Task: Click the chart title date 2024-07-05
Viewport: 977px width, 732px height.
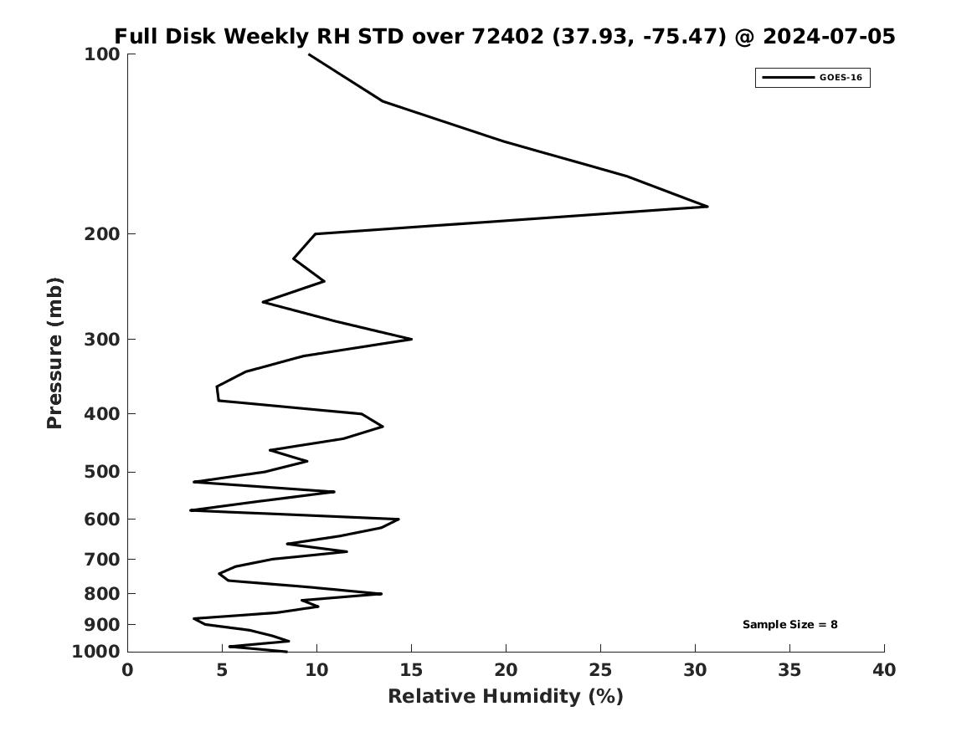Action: (829, 36)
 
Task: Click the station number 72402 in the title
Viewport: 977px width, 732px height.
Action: (508, 36)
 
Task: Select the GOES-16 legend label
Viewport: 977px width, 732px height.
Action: (841, 77)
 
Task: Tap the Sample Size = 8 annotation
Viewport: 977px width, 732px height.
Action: (790, 624)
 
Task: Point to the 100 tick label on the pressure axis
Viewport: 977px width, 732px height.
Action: (101, 54)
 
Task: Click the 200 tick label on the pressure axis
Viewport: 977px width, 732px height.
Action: (101, 234)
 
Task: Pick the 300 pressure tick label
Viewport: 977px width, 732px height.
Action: (101, 340)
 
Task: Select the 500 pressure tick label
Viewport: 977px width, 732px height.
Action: (101, 472)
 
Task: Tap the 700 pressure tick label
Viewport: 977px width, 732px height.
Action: (101, 559)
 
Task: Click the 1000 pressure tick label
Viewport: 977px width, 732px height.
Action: (96, 652)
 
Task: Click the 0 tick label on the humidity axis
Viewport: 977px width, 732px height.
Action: (128, 670)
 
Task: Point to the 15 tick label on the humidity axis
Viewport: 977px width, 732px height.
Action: (411, 670)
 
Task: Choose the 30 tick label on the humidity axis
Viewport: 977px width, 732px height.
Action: (696, 670)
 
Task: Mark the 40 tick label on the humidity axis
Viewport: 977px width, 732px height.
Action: (884, 670)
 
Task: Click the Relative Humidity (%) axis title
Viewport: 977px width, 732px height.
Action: (506, 696)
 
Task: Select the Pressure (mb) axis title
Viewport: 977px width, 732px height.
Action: (54, 353)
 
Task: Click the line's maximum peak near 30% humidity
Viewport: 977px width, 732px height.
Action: (707, 206)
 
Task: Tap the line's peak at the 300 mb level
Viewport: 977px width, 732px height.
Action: (412, 340)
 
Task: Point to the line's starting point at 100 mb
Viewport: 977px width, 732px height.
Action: (309, 54)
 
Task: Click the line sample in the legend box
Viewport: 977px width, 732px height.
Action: (788, 78)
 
